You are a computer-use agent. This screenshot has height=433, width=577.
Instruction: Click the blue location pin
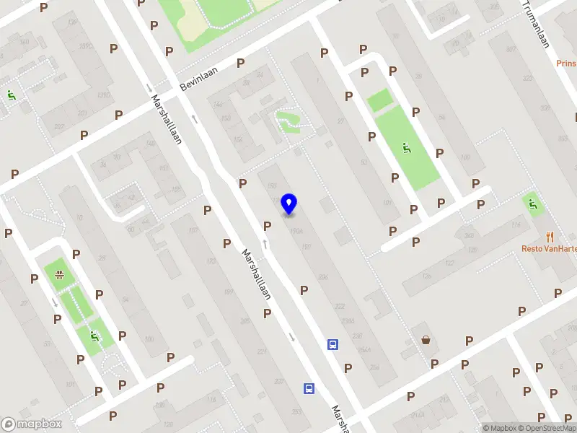[x=288, y=204]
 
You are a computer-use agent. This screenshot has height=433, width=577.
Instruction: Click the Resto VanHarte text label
[x=550, y=248]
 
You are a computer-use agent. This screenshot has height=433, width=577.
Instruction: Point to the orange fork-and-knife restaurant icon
[x=550, y=235]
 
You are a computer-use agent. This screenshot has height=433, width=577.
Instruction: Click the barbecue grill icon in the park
[x=58, y=274]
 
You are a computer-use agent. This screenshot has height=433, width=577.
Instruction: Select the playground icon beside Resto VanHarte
[x=533, y=205]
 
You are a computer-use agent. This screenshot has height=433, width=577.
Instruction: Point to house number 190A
[x=295, y=231]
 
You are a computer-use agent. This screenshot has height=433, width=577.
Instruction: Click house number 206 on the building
[x=322, y=276]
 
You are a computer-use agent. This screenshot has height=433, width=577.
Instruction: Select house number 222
[x=339, y=306]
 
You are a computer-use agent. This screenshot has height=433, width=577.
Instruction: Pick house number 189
[x=229, y=292]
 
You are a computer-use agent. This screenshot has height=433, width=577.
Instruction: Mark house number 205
[x=245, y=321]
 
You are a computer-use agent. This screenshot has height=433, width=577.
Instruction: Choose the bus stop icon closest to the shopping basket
[x=333, y=344]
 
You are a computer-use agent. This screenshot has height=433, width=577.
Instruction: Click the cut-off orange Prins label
[x=566, y=63]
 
